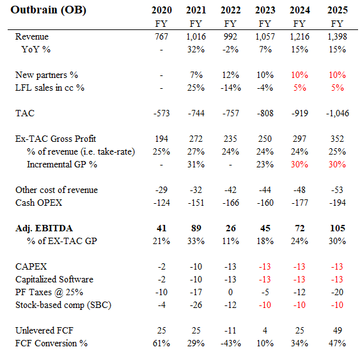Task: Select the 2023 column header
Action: pos(264,11)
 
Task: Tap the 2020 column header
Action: pos(162,11)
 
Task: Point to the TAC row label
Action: pos(25,112)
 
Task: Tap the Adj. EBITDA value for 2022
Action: pos(230,228)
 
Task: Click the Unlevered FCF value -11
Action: pos(230,330)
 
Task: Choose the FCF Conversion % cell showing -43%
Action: pos(230,343)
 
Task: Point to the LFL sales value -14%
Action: pos(230,88)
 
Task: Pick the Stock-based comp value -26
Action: pos(196,305)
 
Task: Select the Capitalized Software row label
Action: pos(54,279)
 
